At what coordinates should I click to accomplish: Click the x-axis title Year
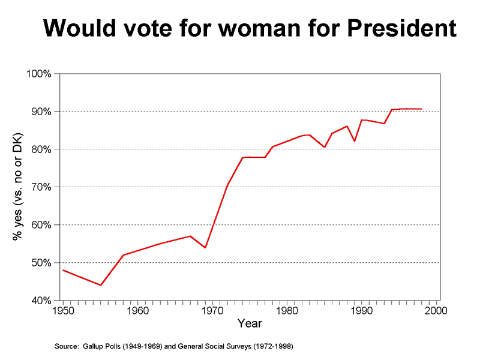(x=250, y=324)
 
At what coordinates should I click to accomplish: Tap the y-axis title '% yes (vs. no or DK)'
(x=18, y=187)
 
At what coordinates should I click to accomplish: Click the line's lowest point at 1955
(x=100, y=285)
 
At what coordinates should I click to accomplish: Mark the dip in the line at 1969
(x=205, y=248)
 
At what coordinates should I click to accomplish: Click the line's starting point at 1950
(x=63, y=270)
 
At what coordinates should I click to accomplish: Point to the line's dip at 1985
(x=325, y=147)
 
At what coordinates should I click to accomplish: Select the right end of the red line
(x=422, y=109)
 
